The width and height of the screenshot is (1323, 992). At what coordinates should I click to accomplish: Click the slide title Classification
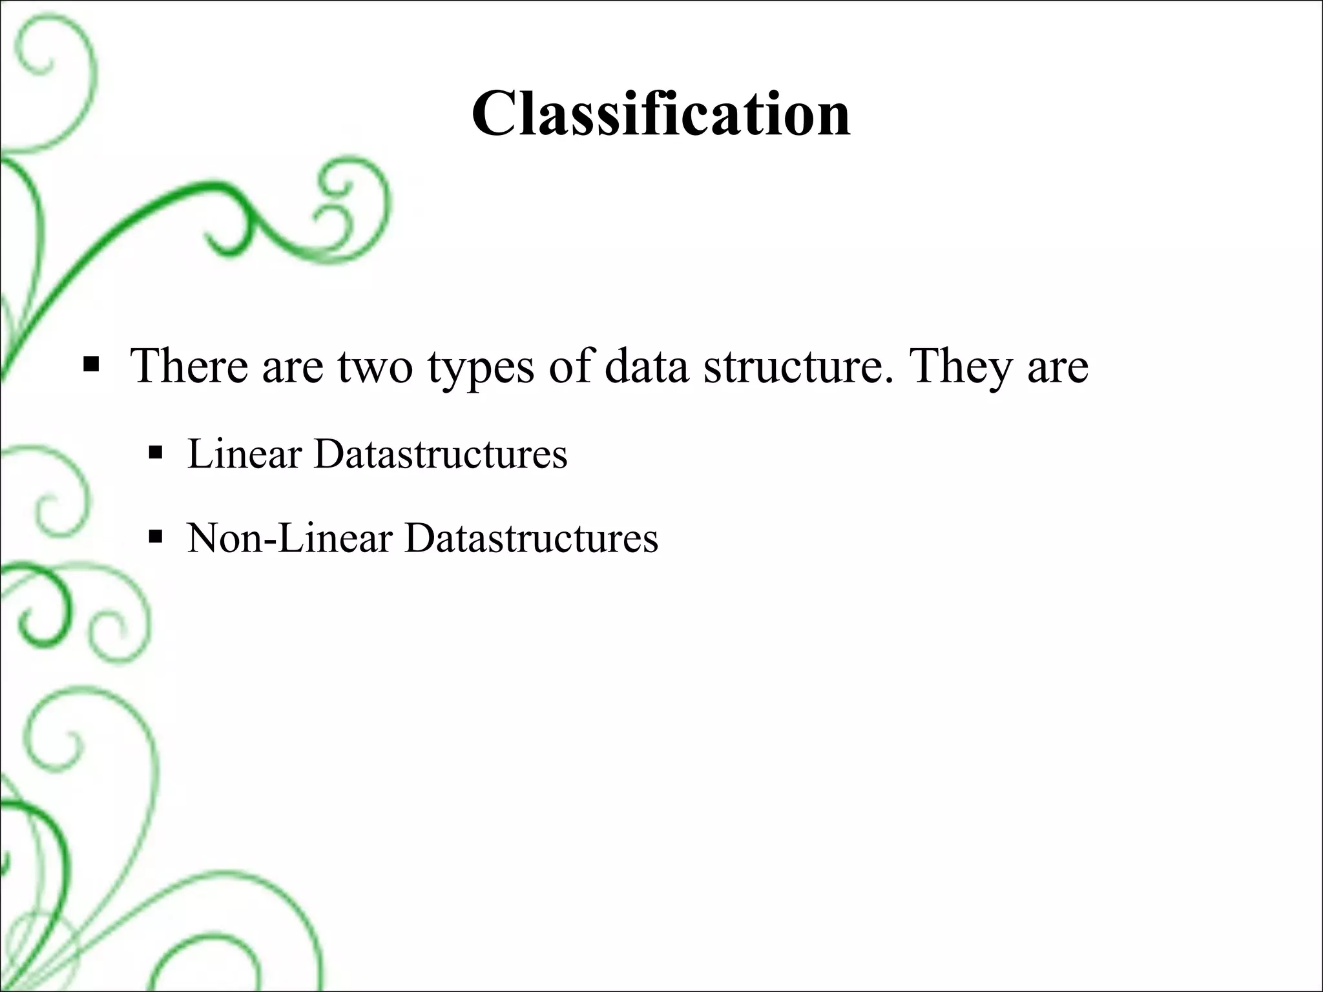coord(661,114)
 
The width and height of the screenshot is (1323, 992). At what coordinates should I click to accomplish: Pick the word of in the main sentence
coord(570,366)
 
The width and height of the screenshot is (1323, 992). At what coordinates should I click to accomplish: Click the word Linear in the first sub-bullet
coord(245,453)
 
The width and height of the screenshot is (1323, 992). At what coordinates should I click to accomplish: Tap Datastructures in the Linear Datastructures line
coord(441,453)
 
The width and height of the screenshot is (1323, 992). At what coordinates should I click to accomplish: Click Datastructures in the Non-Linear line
coord(531,537)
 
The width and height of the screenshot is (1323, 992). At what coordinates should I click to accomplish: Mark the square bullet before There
coord(91,366)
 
